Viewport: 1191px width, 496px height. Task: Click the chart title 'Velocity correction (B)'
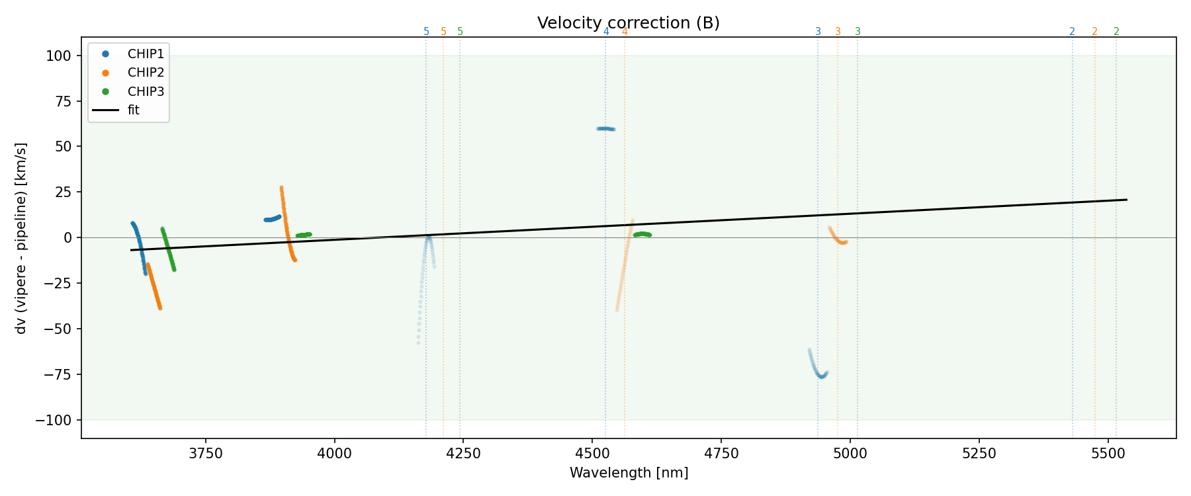coord(628,23)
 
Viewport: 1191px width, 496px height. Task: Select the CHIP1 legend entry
coord(146,54)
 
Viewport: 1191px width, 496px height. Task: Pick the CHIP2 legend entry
coord(146,73)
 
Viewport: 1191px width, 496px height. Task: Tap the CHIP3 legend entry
coord(146,91)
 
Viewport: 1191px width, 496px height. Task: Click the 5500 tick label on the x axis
coord(1108,454)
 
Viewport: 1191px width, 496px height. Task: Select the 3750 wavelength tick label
coord(206,454)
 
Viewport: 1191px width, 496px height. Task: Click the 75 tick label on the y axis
coord(63,101)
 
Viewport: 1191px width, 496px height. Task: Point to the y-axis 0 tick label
coord(67,237)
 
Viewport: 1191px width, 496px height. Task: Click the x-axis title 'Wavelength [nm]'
coord(629,473)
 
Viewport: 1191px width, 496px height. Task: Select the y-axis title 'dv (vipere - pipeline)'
coord(21,238)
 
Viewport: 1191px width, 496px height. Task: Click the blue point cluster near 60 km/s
coord(605,129)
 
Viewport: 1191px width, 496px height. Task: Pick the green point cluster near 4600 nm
coord(642,234)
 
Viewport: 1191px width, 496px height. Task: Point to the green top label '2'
coord(1116,32)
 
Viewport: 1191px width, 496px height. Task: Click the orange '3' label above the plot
coord(838,32)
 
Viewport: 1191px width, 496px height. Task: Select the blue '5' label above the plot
coord(426,32)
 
